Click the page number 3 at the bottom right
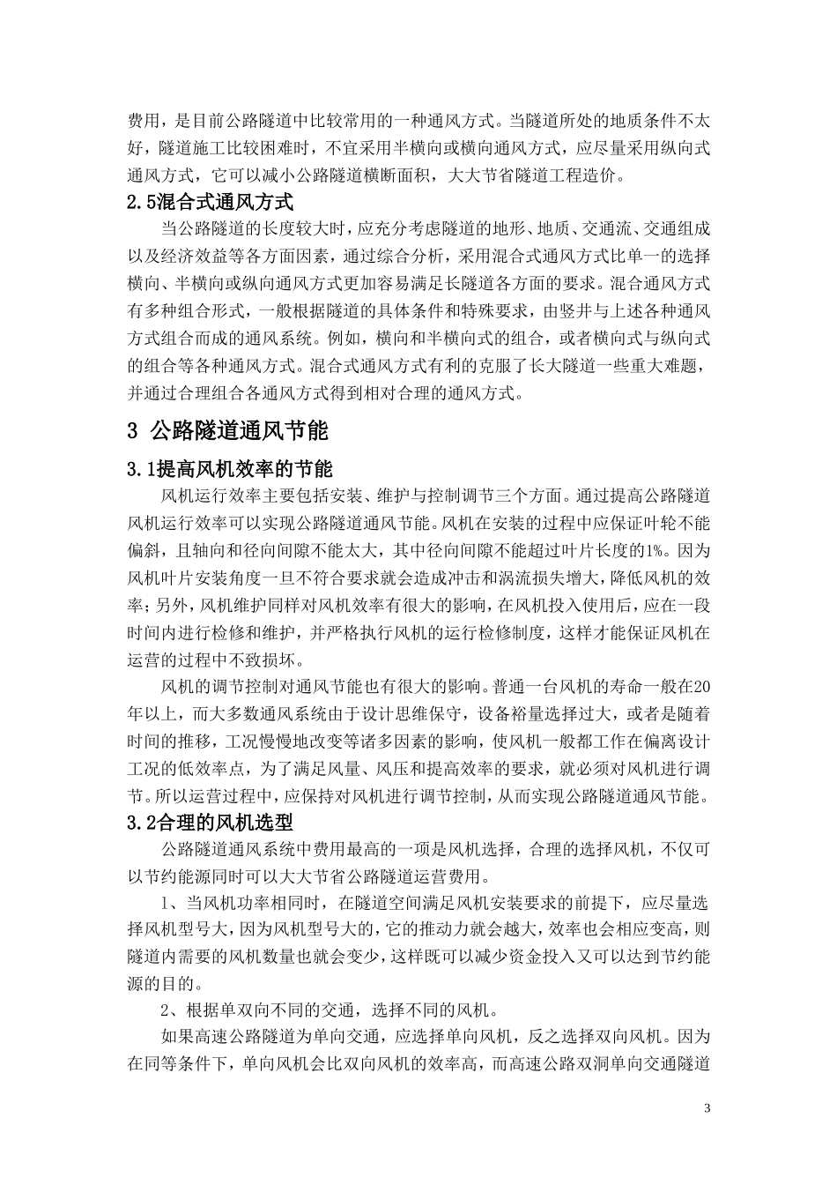[x=707, y=1107]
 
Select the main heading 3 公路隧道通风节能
[x=227, y=431]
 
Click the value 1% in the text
[x=653, y=552]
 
